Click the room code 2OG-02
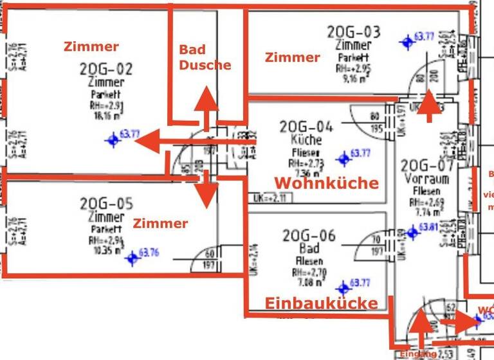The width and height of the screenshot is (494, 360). (x=106, y=69)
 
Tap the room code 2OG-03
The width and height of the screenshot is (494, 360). (x=353, y=32)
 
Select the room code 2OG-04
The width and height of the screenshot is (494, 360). (x=307, y=127)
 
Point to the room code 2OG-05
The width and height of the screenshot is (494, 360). (x=106, y=204)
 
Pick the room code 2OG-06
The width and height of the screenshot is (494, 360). (x=309, y=236)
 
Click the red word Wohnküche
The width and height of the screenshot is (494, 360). (x=326, y=183)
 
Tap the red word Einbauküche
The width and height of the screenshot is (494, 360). (x=321, y=303)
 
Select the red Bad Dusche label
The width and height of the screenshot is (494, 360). (x=205, y=57)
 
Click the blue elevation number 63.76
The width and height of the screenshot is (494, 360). (x=149, y=253)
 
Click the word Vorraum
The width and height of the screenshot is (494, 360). (x=426, y=179)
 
